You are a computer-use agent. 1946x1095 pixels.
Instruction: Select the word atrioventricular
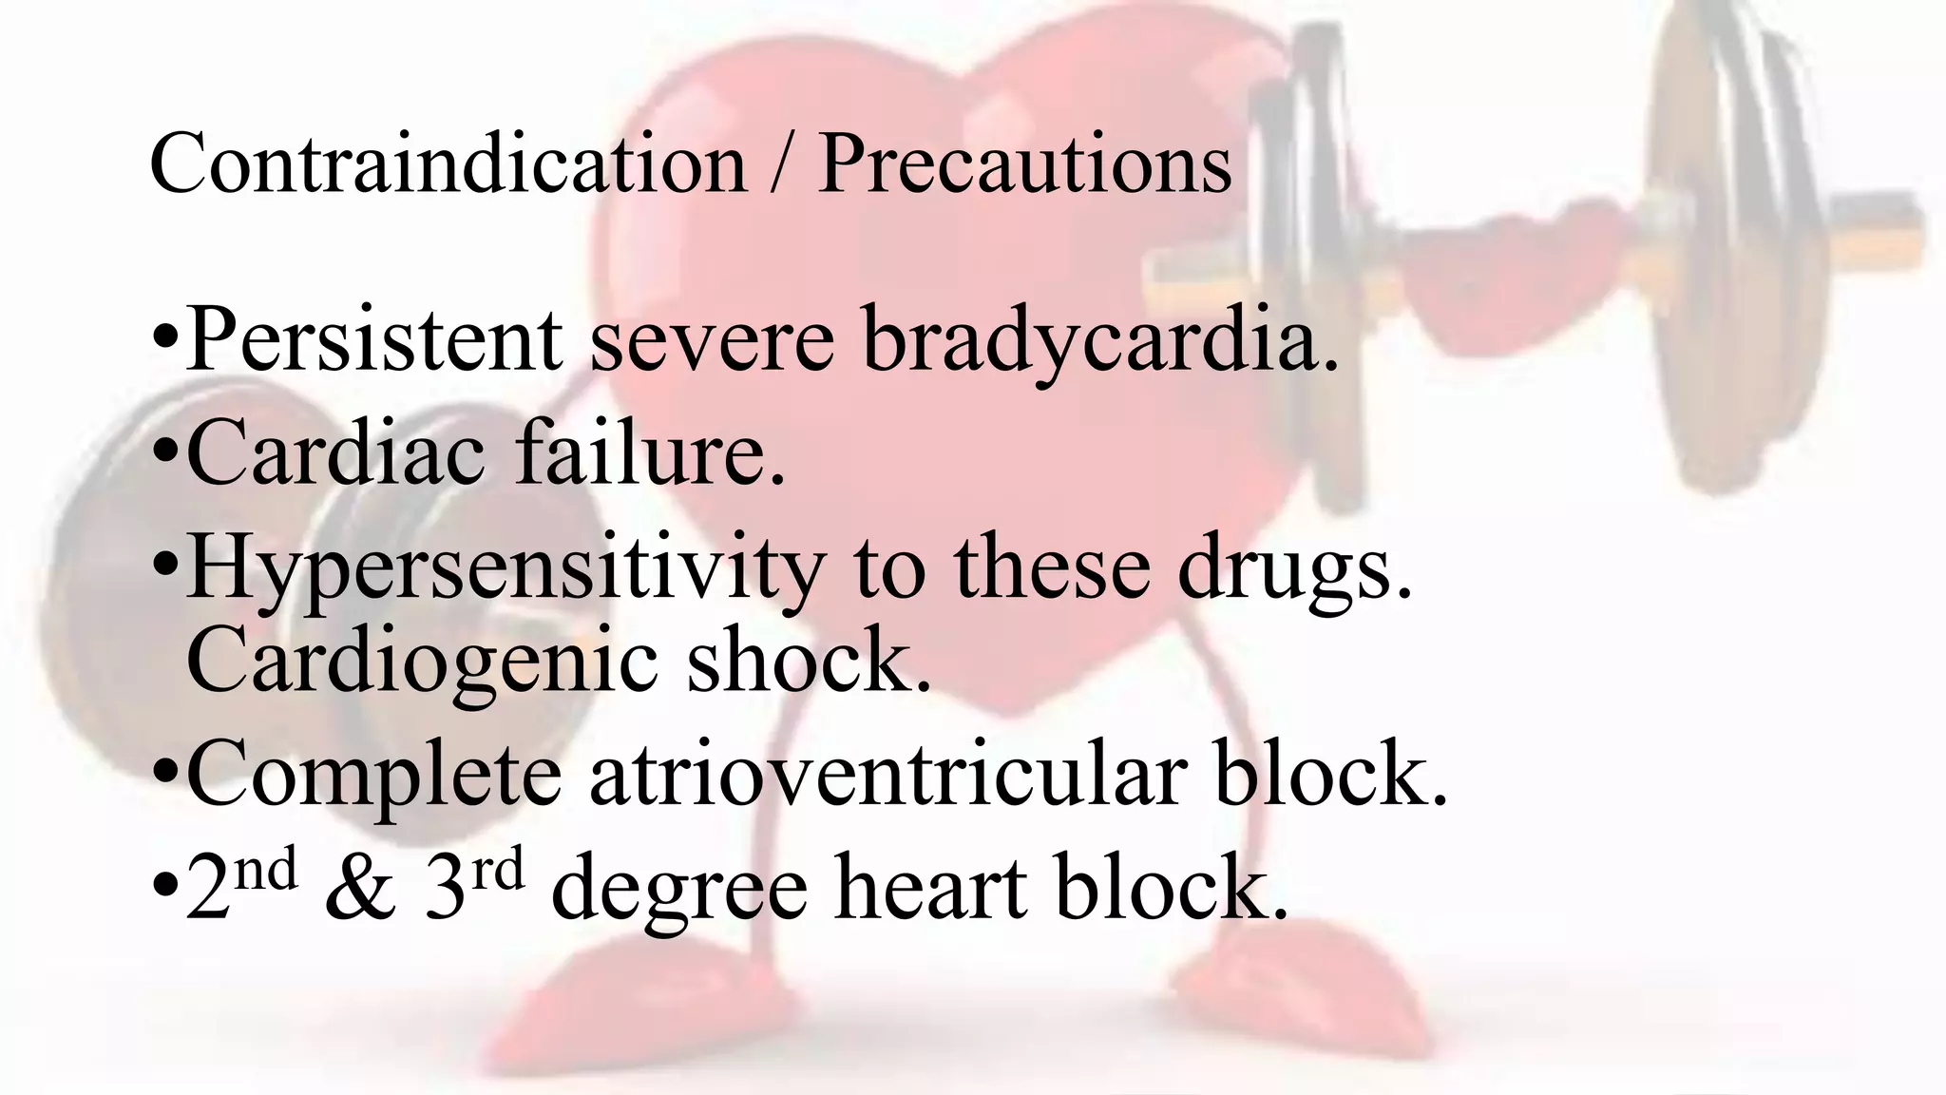887,775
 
